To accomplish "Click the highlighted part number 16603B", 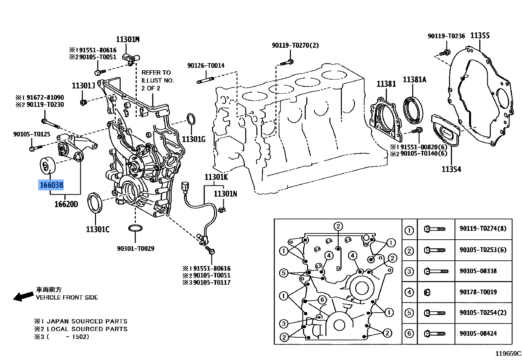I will [x=51, y=185].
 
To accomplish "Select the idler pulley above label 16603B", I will [x=47, y=166].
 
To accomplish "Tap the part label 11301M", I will [x=128, y=39].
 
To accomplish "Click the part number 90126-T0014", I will [x=206, y=65].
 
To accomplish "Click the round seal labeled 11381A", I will [x=413, y=109].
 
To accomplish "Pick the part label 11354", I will [x=451, y=169].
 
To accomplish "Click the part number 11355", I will [x=480, y=36].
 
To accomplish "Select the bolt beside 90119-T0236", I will [x=444, y=52].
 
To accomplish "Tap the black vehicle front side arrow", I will [x=23, y=297].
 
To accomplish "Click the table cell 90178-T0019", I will [x=478, y=292].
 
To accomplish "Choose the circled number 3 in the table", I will [x=409, y=272].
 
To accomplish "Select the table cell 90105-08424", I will [x=478, y=333].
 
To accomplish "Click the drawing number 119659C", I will [x=508, y=354].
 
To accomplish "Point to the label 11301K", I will [x=216, y=177].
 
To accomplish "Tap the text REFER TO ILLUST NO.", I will [x=157, y=76].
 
